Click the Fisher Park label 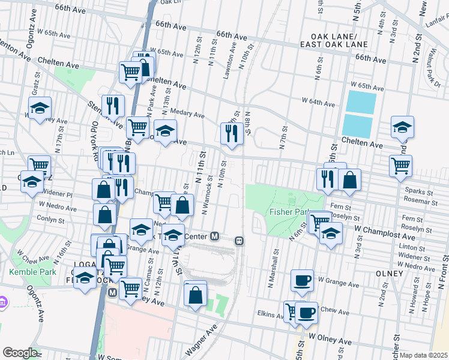(x=289, y=211)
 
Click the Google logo (x=20, y=353)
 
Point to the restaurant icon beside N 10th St (x=232, y=133)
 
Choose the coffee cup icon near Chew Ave (x=307, y=312)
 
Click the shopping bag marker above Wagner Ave (x=196, y=294)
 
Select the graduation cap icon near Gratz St (x=40, y=109)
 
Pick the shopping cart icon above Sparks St (x=400, y=164)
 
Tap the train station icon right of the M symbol (x=239, y=241)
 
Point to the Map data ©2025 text (x=423, y=355)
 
